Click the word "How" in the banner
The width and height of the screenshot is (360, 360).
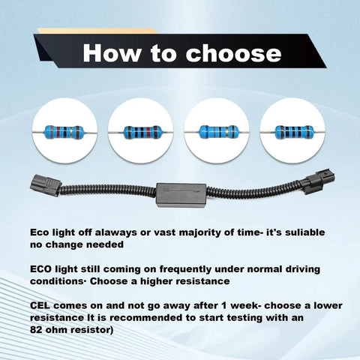[x=112, y=53]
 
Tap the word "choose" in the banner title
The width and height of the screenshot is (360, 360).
[x=233, y=53]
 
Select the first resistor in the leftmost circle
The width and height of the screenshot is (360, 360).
[x=64, y=131]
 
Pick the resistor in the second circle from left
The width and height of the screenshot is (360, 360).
[x=141, y=132]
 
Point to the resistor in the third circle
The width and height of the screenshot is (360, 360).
[x=217, y=131]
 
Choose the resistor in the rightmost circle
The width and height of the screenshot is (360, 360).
[x=292, y=131]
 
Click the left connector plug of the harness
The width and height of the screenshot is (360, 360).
[x=46, y=185]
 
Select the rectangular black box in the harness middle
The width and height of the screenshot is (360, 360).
[x=181, y=195]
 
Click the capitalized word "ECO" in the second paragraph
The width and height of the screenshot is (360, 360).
[x=41, y=269]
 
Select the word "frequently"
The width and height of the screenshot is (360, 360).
[x=185, y=269]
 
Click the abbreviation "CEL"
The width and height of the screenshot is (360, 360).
[x=40, y=306]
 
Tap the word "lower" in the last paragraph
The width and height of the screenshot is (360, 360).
[x=328, y=306]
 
